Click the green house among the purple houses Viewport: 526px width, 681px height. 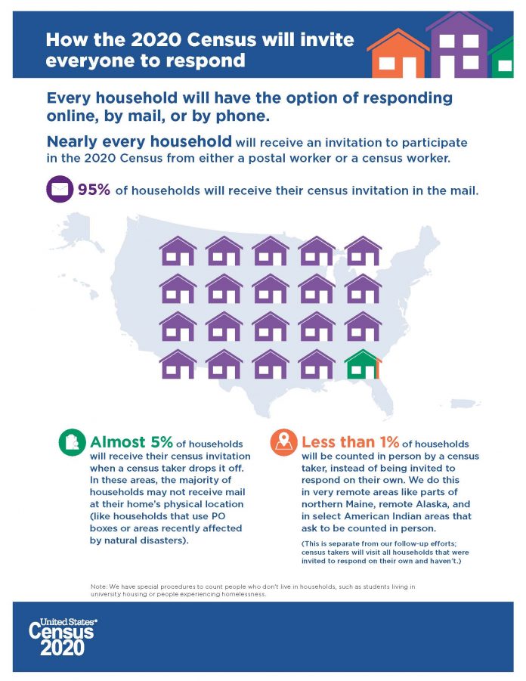tap(363, 364)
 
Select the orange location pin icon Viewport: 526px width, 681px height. tap(284, 444)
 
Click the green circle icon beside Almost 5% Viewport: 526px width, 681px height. tap(72, 444)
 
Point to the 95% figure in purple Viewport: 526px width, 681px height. tap(94, 189)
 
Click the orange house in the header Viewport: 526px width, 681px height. tap(395, 54)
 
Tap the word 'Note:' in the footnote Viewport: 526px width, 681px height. tap(98, 587)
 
